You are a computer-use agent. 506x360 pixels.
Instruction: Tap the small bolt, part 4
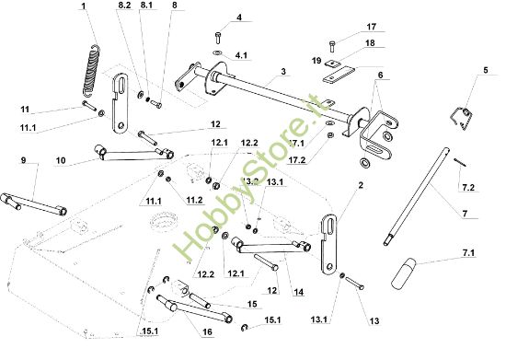217,38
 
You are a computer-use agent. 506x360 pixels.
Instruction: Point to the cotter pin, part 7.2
457,163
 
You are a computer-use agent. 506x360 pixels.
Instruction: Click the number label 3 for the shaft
283,71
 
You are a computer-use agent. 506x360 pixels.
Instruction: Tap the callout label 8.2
125,6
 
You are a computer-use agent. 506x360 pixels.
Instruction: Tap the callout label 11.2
195,198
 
